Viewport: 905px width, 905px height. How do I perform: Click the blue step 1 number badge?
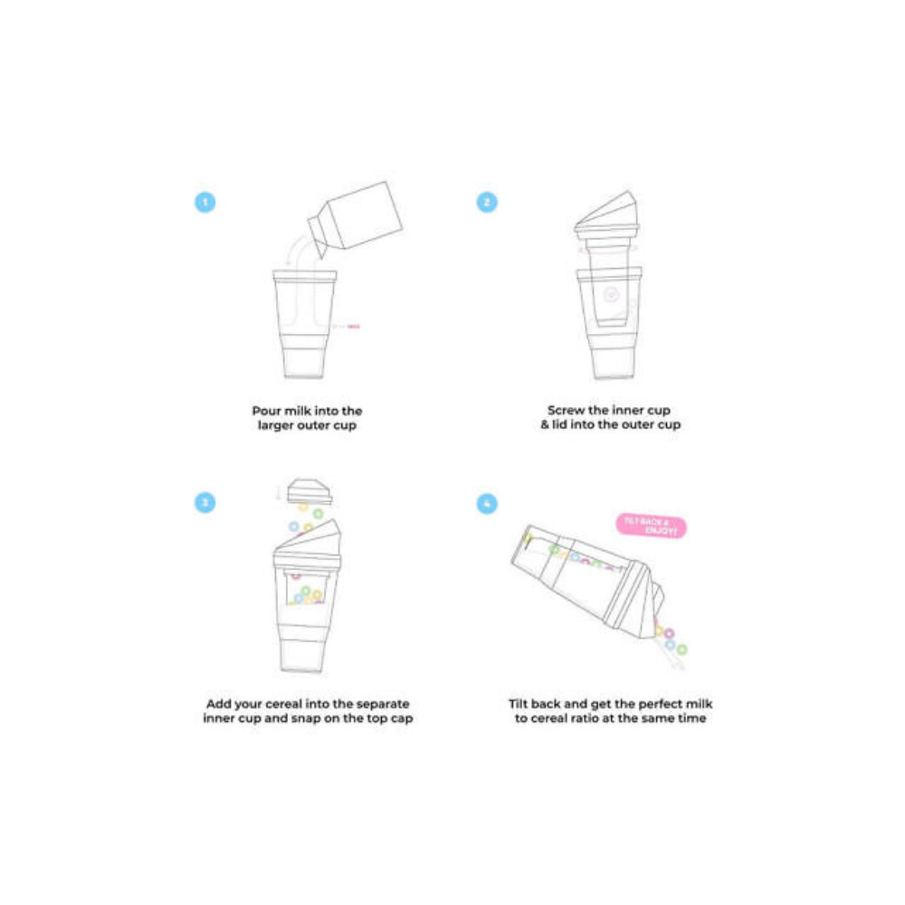click(205, 202)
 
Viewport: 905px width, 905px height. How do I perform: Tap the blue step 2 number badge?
click(487, 202)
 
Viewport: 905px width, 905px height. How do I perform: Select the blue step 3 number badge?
click(205, 503)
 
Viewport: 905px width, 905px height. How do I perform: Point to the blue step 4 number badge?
click(487, 503)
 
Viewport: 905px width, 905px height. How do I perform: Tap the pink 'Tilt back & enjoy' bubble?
click(650, 526)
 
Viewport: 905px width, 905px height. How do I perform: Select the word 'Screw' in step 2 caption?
click(567, 410)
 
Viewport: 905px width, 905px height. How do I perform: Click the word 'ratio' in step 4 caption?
click(601, 718)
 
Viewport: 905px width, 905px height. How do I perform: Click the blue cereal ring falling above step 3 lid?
click(293, 526)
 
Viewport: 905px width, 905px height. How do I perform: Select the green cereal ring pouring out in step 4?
click(681, 649)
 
